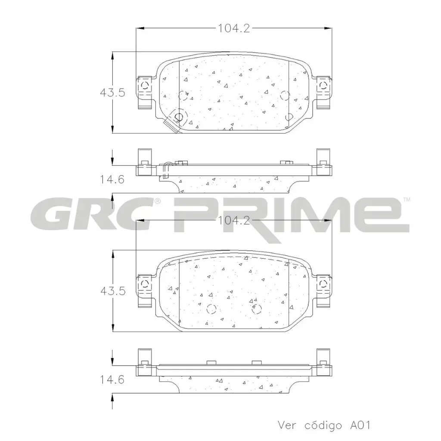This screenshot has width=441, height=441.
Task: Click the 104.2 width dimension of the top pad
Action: [234, 28]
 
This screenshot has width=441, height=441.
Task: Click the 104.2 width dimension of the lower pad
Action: [234, 220]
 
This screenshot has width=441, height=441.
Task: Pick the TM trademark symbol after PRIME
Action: [406, 199]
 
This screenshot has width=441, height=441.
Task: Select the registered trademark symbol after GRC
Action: [158, 201]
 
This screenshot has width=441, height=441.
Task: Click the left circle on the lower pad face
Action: [211, 308]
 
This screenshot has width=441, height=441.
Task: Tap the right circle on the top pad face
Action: [284, 95]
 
